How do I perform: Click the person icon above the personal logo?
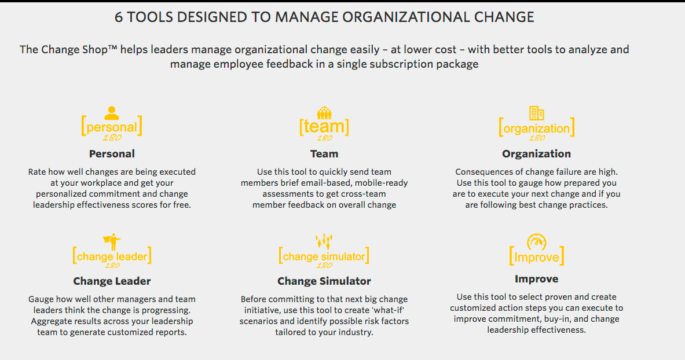(112, 113)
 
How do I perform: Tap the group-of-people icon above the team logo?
(324, 113)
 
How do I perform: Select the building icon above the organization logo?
(536, 113)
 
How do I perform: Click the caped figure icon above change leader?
(112, 241)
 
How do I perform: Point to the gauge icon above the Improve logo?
(536, 241)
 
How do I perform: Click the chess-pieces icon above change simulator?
(324, 241)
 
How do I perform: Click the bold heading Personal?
(112, 154)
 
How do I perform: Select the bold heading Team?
(324, 154)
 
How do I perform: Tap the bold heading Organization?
(536, 154)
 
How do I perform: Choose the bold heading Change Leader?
(112, 281)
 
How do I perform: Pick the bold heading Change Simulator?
(324, 281)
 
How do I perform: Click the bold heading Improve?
(536, 279)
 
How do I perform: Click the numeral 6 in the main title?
(118, 17)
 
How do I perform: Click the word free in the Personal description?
(181, 204)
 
